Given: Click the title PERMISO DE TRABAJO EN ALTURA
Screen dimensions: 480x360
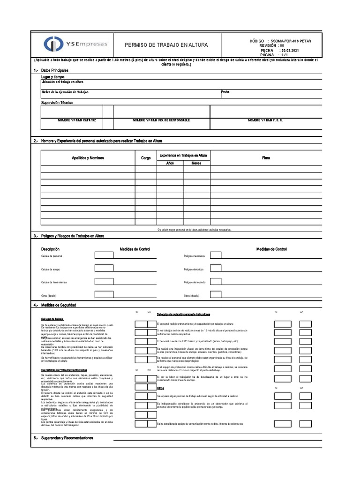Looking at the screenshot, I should coord(166,45).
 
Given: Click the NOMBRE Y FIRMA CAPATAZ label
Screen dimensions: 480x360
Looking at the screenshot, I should coord(77,120).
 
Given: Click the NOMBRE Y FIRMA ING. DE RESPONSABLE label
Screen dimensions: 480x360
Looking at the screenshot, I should coord(161,120).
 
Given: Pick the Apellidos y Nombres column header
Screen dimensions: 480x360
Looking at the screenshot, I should coord(88,158).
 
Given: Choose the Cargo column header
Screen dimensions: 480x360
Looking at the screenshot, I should coord(146,158).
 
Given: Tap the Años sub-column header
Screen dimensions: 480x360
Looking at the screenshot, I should coord(170,163).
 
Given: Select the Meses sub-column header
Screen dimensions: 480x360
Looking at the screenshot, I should coord(196,163).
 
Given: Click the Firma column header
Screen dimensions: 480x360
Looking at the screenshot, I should coord(266,158).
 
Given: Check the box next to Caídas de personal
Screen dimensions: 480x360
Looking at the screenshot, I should coord(104,255).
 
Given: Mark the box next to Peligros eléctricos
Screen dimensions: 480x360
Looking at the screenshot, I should coord(216,268).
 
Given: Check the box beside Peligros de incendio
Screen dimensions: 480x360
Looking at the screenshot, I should coord(216,281).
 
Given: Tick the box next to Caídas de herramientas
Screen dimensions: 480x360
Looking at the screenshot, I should coord(104,281).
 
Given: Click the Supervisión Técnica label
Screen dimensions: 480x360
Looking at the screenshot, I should coord(57,102).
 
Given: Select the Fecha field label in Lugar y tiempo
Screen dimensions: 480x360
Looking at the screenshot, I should coord(225,92).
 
